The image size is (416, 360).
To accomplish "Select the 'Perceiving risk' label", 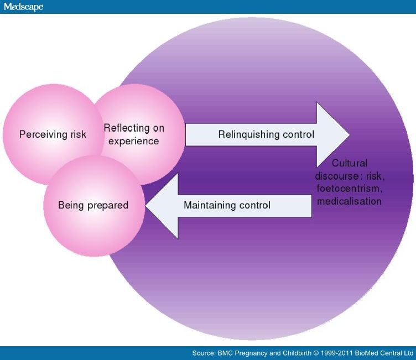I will [53, 134].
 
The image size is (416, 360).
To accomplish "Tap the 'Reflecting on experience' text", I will [134, 134].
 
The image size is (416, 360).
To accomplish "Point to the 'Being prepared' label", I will [93, 205].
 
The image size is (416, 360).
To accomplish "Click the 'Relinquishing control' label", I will [266, 134].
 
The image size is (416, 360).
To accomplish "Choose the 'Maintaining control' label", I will [227, 205].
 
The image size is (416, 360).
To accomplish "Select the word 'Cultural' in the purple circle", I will [349, 163].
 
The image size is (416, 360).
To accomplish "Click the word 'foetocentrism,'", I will [349, 189].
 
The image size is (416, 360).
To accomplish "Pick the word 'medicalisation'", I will [349, 201].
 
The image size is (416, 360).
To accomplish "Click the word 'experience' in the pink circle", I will [134, 141].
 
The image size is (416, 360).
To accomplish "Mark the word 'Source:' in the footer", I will [204, 353].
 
